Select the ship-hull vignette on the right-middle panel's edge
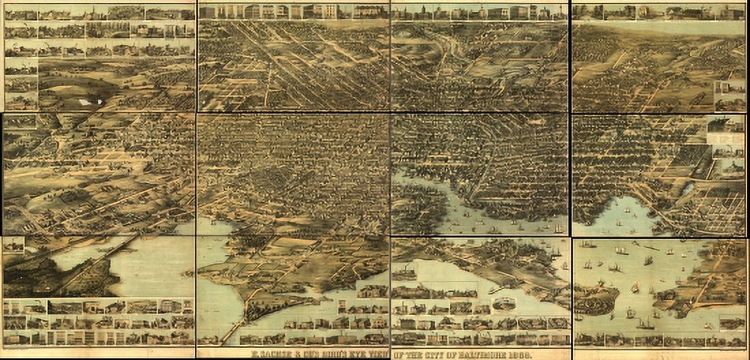point(725,123)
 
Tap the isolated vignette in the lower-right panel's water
point(733,322)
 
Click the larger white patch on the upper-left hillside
point(86,102)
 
